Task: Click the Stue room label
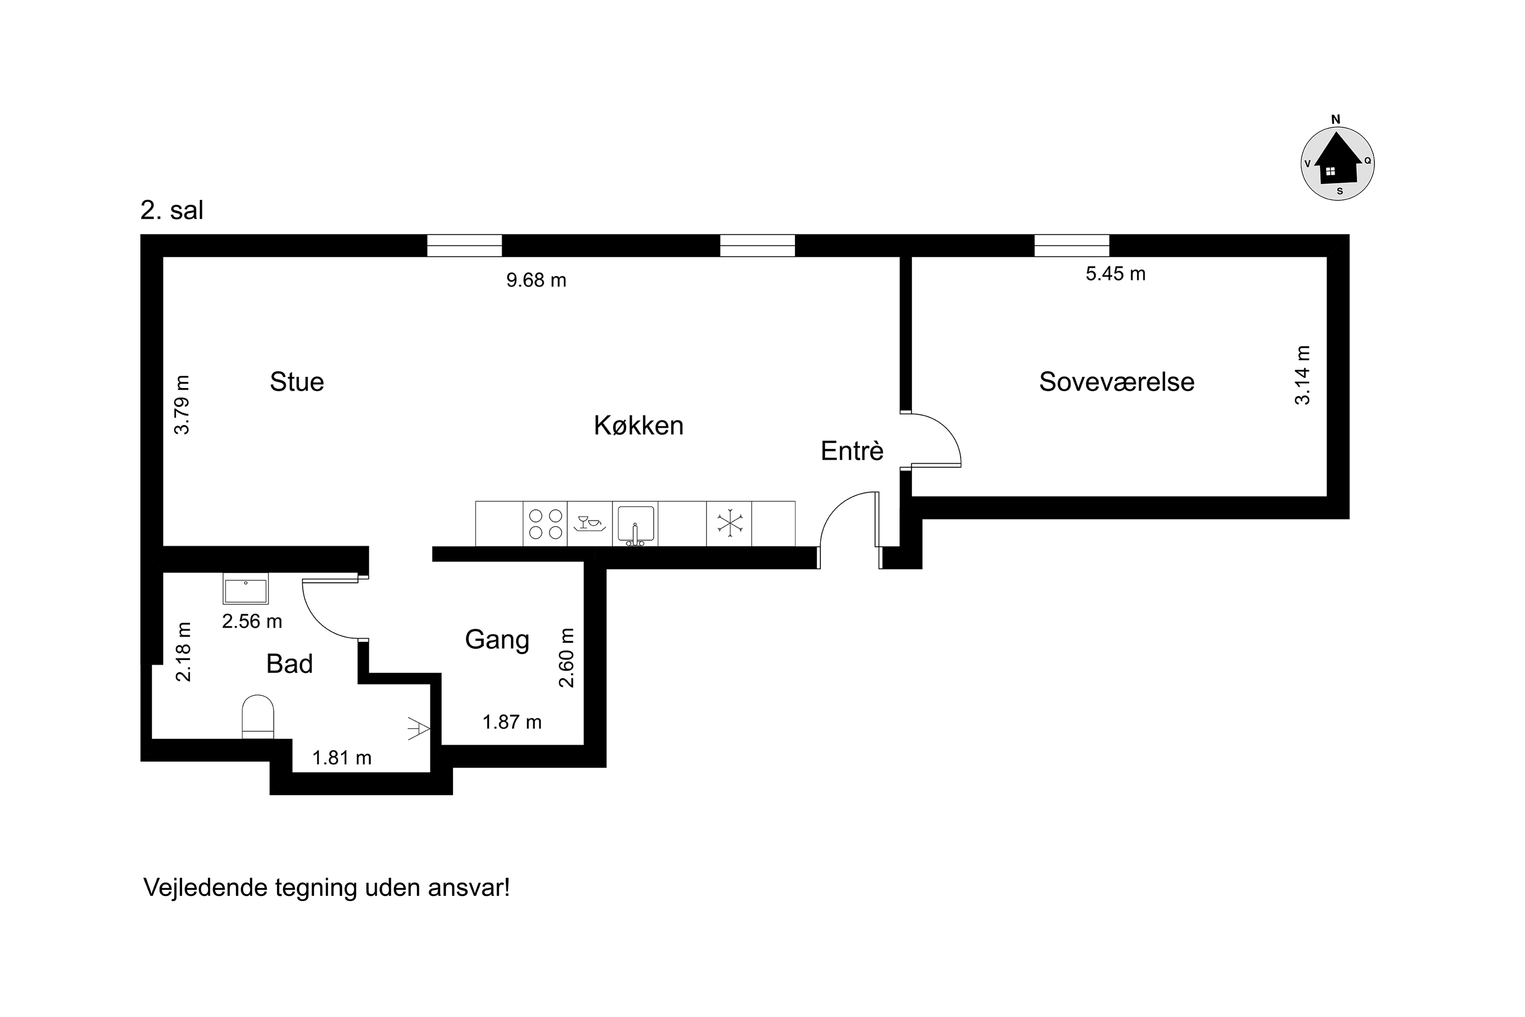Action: pyautogui.click(x=297, y=381)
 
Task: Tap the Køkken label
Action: pyautogui.click(x=638, y=426)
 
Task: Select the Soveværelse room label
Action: pyautogui.click(x=1116, y=381)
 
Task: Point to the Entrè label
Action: pyautogui.click(x=852, y=451)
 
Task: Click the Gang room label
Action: pyautogui.click(x=497, y=640)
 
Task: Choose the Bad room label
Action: pyautogui.click(x=290, y=664)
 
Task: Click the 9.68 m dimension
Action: pyautogui.click(x=536, y=280)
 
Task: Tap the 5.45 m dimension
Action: pyautogui.click(x=1116, y=274)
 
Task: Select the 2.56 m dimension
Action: pyautogui.click(x=252, y=621)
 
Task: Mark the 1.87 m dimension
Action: pyautogui.click(x=512, y=722)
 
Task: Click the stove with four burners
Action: pyautogui.click(x=545, y=524)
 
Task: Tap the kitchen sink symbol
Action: pyautogui.click(x=635, y=524)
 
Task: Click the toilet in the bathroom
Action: pyautogui.click(x=258, y=716)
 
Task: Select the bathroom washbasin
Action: pyautogui.click(x=246, y=588)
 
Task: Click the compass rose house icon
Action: pyautogui.click(x=1337, y=158)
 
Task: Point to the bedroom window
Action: pyautogui.click(x=1072, y=246)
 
